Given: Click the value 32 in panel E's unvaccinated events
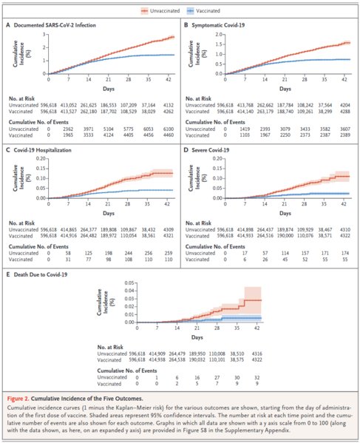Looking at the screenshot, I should coord(257,376).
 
